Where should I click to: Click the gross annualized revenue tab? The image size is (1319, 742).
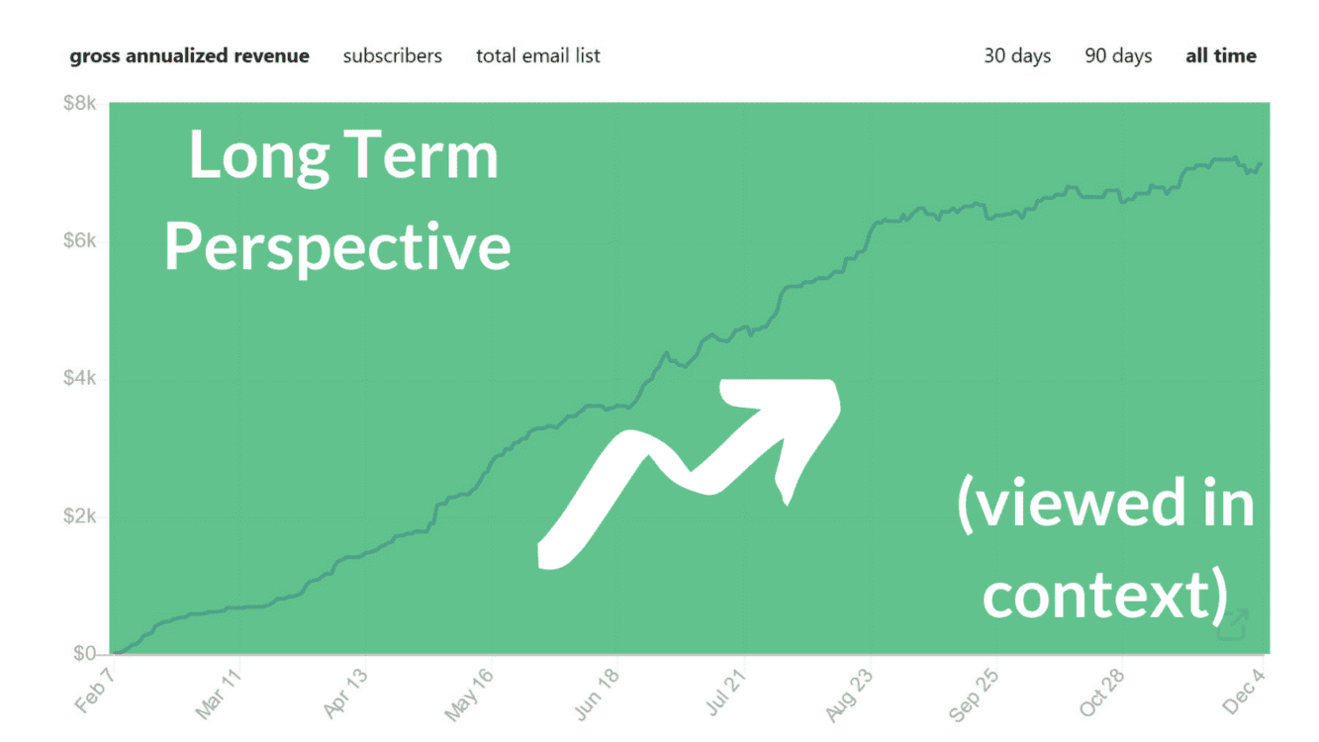pyautogui.click(x=189, y=56)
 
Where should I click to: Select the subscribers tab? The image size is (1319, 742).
pyautogui.click(x=392, y=56)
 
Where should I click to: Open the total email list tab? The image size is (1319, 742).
pyautogui.click(x=537, y=56)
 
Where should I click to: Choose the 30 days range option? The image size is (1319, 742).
pyautogui.click(x=1017, y=56)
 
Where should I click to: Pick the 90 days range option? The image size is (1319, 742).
pyautogui.click(x=1118, y=56)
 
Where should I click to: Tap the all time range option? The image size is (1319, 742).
pyautogui.click(x=1221, y=56)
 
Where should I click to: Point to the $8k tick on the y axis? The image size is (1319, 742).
pyautogui.click(x=79, y=103)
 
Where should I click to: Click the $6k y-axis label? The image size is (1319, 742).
pyautogui.click(x=79, y=240)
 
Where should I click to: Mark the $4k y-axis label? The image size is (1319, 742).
pyautogui.click(x=79, y=378)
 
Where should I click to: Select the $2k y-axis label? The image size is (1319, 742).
pyautogui.click(x=79, y=515)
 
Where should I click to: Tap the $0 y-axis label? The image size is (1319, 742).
pyautogui.click(x=84, y=653)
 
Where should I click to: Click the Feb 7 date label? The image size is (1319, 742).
pyautogui.click(x=95, y=692)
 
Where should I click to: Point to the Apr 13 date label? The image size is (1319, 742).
pyautogui.click(x=344, y=696)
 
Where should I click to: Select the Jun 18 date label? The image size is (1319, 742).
pyautogui.click(x=597, y=696)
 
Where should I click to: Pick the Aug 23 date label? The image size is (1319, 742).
pyautogui.click(x=849, y=696)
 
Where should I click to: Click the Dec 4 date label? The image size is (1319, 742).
pyautogui.click(x=1244, y=692)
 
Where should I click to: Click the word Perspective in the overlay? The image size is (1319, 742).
pyautogui.click(x=337, y=247)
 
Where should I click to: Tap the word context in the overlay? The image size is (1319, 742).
pyautogui.click(x=1097, y=596)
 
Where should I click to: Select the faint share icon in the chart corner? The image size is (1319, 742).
pyautogui.click(x=1233, y=625)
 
